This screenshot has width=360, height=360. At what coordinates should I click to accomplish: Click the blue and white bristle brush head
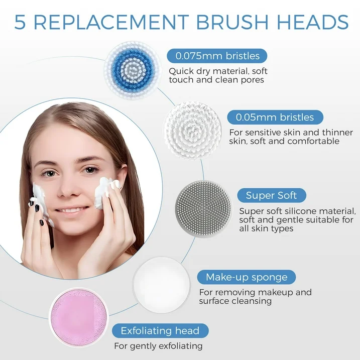point(132,70)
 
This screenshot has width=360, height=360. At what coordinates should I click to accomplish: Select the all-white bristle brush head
point(193,131)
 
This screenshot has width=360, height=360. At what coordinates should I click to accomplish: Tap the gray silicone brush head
point(203,208)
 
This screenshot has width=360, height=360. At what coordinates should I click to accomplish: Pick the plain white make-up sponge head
point(162,285)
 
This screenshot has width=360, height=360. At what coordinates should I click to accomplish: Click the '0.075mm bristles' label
point(217,56)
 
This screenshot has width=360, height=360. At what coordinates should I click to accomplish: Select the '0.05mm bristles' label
point(275,117)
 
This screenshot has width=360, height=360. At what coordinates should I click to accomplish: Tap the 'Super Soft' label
point(271,195)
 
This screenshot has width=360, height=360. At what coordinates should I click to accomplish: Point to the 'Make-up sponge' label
point(247,277)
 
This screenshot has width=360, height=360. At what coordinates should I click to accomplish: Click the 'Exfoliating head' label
point(160,331)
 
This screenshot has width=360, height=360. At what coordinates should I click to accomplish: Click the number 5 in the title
point(20,23)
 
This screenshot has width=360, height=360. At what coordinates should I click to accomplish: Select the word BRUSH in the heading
point(232,22)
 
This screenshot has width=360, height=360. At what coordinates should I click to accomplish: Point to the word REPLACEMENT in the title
point(111,22)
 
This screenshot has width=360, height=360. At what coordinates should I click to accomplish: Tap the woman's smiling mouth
point(71,210)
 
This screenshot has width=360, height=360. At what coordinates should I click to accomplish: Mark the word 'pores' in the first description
point(253,80)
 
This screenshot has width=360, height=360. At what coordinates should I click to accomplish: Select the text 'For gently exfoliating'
point(159,346)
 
